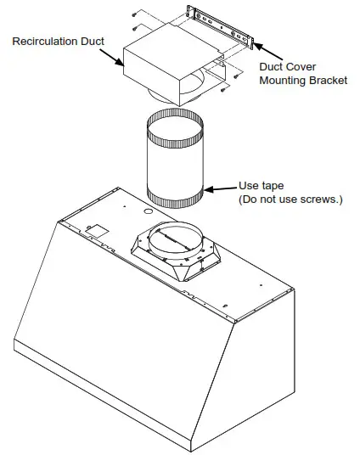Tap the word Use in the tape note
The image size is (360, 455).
248,186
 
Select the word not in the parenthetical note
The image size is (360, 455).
271,199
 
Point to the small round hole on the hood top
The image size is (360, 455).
148,208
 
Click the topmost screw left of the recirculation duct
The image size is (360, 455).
135,14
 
